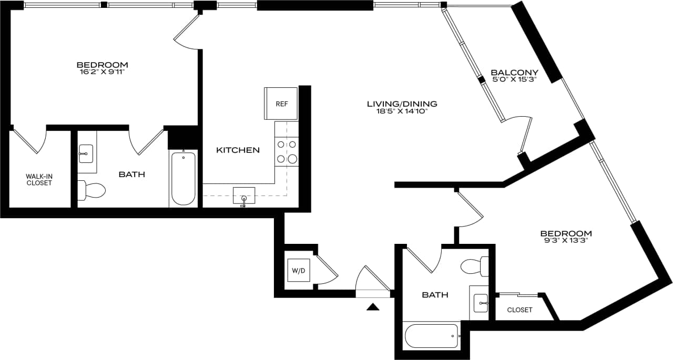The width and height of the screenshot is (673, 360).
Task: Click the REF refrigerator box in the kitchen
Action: coord(281,104)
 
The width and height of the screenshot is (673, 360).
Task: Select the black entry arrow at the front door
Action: coord(373,307)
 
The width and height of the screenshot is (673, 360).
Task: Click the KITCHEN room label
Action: coord(238,150)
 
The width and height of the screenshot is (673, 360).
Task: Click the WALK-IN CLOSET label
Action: coord(39,180)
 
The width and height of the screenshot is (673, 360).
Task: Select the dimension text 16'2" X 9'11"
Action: coord(102,72)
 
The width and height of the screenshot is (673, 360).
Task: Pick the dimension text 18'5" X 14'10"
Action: coord(402,111)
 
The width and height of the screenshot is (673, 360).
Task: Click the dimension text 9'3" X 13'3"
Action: coord(566,241)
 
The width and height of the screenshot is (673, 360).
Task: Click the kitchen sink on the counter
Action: coord(244,196)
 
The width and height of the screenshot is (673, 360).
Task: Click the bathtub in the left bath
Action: coord(183,178)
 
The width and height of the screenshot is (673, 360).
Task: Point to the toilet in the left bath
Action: coord(91,190)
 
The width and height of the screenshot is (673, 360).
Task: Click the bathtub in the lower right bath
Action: coord(432,336)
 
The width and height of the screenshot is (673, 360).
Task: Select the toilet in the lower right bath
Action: coord(475,266)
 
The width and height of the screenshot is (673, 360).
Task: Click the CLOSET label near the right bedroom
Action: coord(519,310)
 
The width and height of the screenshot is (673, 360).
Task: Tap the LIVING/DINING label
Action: coord(402,104)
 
